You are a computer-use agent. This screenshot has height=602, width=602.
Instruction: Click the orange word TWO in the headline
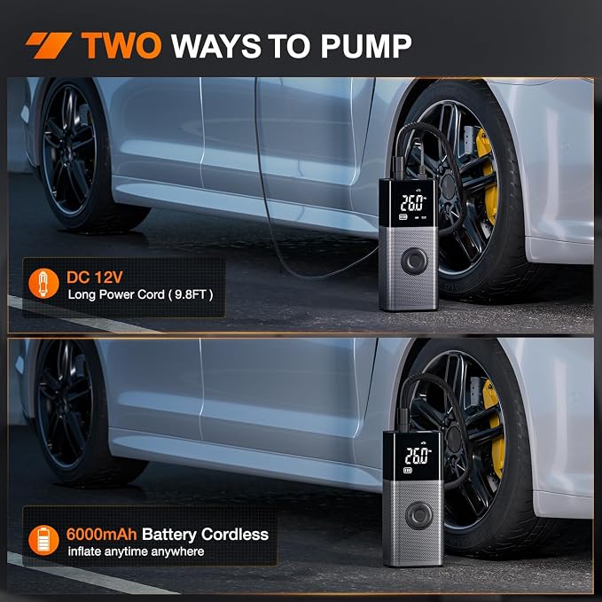point(121,46)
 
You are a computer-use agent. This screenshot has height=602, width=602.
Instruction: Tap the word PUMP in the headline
point(366,46)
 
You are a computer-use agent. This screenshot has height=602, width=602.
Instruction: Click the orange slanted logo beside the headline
point(49,46)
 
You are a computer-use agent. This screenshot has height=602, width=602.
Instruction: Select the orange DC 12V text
point(95,278)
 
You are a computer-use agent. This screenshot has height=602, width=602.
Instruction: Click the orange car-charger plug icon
point(43,284)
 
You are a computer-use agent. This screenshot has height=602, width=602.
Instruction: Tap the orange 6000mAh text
point(101,534)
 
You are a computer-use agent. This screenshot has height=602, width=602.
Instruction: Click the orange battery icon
point(43,540)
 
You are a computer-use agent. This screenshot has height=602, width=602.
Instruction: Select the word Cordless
point(235,534)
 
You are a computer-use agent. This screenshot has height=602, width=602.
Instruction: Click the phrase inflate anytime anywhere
point(136,551)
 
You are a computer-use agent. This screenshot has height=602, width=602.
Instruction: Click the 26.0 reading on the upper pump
point(413,203)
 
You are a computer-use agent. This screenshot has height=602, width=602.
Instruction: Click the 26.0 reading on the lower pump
point(418,456)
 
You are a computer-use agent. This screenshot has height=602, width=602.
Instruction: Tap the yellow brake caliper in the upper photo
point(488,177)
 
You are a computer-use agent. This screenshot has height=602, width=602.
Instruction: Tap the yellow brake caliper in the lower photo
point(494,428)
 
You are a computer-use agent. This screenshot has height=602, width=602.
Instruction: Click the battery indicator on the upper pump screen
point(403,217)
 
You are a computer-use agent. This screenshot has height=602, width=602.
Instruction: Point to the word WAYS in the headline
point(216,46)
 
